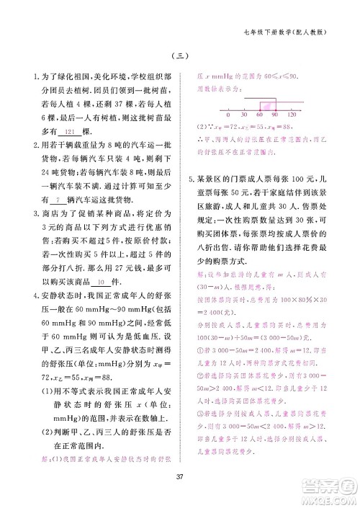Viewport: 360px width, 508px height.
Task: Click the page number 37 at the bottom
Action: click(x=180, y=473)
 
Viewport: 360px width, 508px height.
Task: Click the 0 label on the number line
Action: click(x=228, y=115)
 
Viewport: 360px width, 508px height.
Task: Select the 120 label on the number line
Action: click(x=292, y=115)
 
